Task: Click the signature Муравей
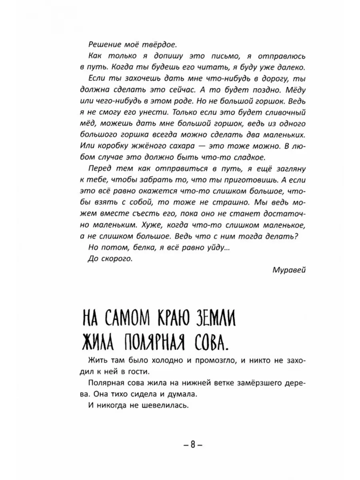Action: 289,270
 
